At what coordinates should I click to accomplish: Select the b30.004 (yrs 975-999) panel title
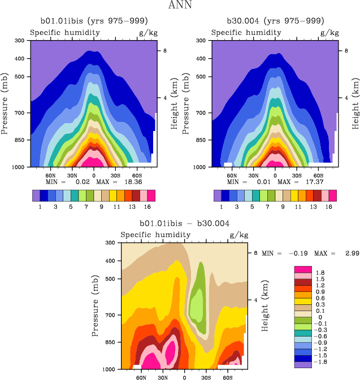[x=275, y=21]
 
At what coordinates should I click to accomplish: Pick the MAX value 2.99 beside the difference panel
[x=346, y=254]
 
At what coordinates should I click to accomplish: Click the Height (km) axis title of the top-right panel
[x=355, y=102]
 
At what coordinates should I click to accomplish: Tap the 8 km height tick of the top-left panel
[x=164, y=50]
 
